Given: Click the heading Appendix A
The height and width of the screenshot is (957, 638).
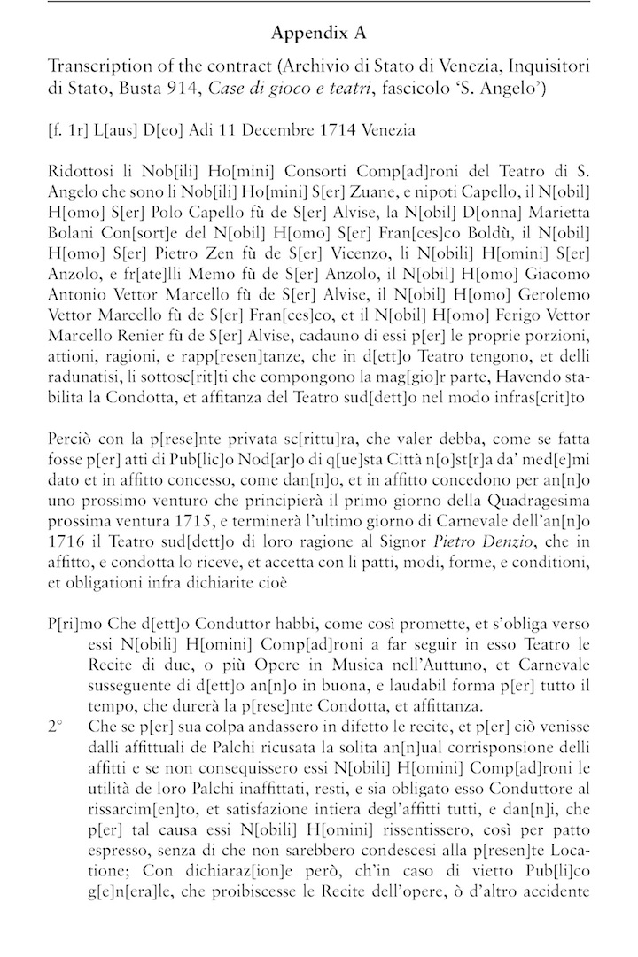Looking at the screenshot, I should pyautogui.click(x=319, y=35).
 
